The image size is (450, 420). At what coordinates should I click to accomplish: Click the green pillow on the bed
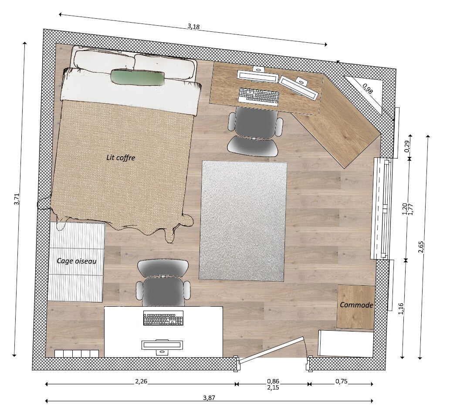(138, 78)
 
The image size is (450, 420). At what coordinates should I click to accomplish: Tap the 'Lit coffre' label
(121, 158)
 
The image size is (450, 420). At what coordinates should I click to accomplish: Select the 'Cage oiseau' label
(77, 261)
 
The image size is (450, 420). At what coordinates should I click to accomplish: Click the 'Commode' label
(356, 305)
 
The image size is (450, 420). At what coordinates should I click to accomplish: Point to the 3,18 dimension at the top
(194, 27)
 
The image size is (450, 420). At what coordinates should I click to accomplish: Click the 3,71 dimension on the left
(17, 199)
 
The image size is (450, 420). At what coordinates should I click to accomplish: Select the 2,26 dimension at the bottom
(141, 381)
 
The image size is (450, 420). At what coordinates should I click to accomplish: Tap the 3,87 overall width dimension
(209, 398)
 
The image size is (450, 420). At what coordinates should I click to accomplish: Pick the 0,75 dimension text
(342, 381)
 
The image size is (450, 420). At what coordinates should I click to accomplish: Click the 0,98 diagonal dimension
(367, 88)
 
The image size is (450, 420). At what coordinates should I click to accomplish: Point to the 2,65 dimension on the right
(421, 247)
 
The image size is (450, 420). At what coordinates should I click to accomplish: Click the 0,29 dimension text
(407, 146)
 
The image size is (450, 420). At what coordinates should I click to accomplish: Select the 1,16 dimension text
(401, 308)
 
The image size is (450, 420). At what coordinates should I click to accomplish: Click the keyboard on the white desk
(163, 318)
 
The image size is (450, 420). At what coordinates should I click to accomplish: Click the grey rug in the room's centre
(243, 221)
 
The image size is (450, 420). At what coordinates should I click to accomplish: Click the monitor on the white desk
(162, 345)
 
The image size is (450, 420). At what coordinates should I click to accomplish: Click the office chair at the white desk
(163, 283)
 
